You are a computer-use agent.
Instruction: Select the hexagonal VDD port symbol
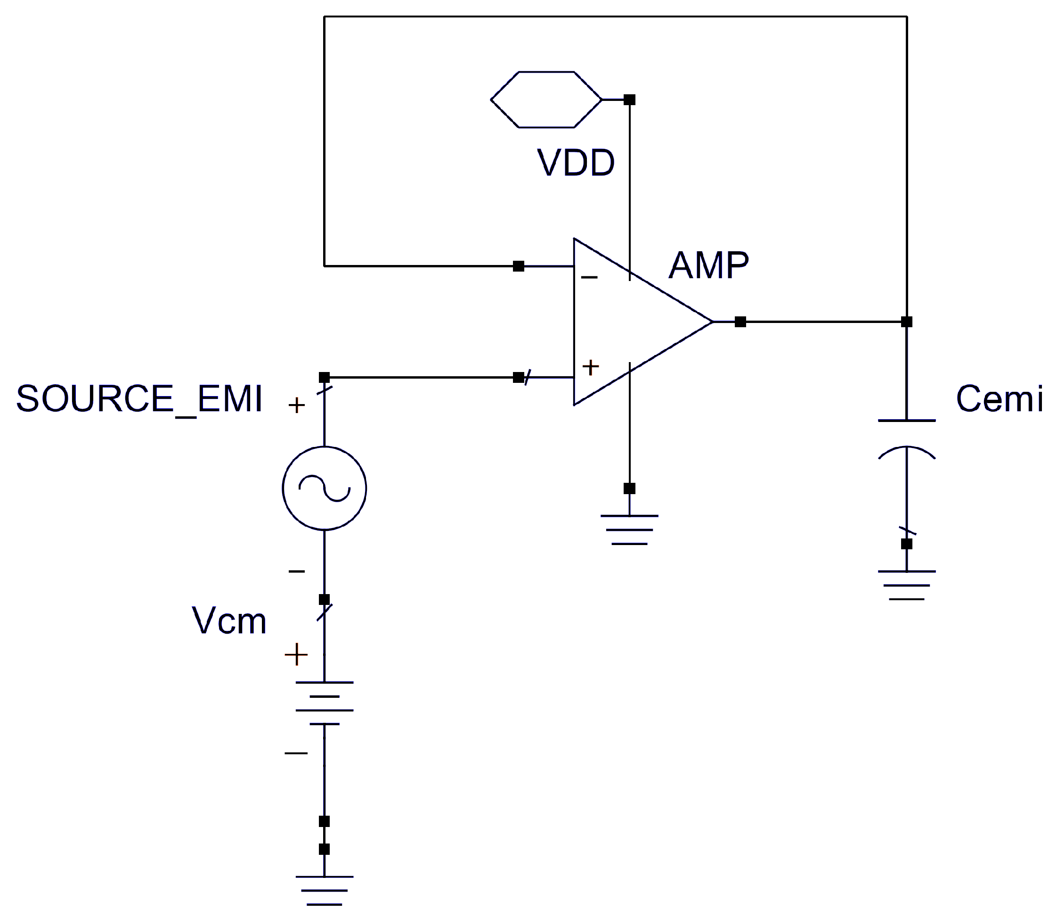tap(545, 99)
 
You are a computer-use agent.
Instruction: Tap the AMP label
tap(708, 265)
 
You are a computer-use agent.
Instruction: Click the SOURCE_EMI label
tap(139, 398)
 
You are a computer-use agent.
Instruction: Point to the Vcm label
tap(229, 621)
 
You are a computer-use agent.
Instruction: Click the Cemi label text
tap(999, 398)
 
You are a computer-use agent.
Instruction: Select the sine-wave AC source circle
tap(324, 488)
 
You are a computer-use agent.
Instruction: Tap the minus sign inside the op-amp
tap(589, 278)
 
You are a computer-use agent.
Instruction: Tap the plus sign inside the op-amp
tap(590, 367)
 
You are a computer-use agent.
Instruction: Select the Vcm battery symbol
tap(324, 703)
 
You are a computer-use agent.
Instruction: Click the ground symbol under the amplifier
tap(629, 529)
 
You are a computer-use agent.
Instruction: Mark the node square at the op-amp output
tap(740, 322)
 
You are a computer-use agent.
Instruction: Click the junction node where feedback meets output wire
tap(907, 322)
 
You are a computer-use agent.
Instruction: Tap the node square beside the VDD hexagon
tap(630, 99)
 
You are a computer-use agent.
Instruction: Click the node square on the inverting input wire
tap(519, 266)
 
